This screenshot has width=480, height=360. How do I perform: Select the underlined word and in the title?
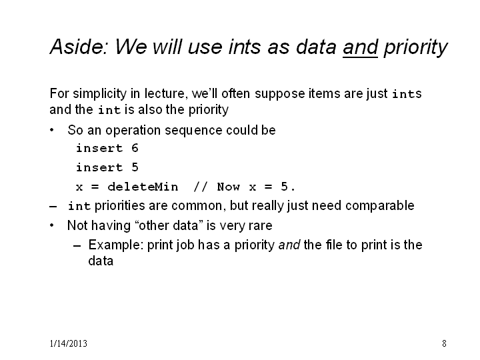click(x=360, y=47)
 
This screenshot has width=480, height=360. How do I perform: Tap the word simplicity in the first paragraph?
click(x=99, y=94)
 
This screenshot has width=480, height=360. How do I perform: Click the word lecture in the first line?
click(x=165, y=93)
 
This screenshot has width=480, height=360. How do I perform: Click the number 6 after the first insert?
click(x=135, y=148)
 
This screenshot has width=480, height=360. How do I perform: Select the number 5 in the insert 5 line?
click(x=135, y=167)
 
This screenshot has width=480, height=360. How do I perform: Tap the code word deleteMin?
click(x=143, y=187)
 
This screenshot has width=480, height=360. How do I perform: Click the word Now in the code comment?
click(x=229, y=187)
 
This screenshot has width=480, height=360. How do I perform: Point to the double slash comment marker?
click(x=201, y=187)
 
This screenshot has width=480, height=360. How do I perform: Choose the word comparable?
click(x=379, y=206)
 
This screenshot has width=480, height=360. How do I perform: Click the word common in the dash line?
click(x=197, y=206)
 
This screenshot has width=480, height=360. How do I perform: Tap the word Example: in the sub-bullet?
click(x=116, y=245)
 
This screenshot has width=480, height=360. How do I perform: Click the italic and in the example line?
click(x=289, y=245)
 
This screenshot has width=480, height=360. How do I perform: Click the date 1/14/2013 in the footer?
click(x=69, y=343)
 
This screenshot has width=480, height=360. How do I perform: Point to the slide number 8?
click(x=444, y=343)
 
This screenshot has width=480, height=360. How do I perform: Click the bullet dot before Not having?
click(x=52, y=225)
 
